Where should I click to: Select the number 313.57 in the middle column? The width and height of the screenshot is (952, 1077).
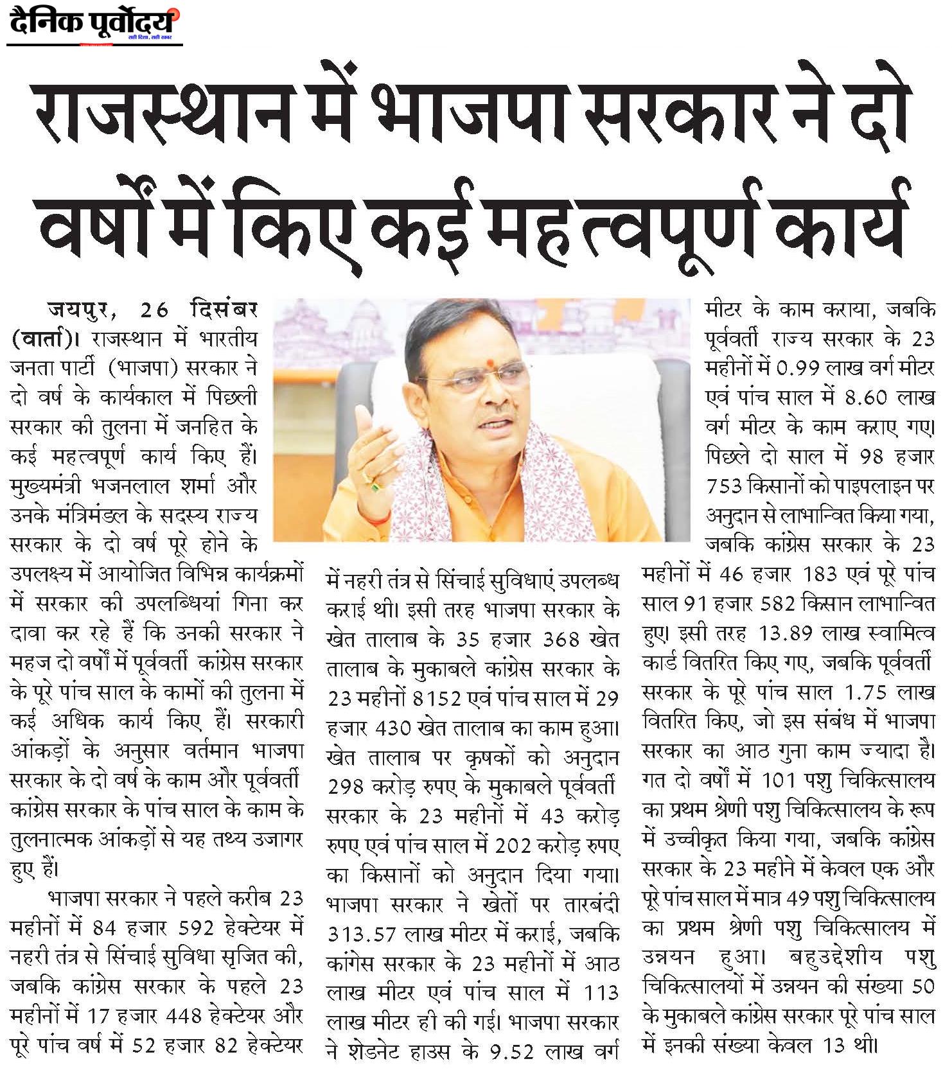[363, 934]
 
